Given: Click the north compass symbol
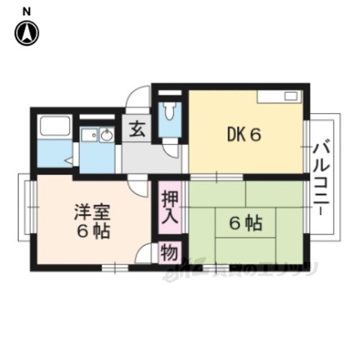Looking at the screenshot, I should pos(27,34).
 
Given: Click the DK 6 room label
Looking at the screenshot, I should pos(244,135).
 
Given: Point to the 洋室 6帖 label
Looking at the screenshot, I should pos(91,222).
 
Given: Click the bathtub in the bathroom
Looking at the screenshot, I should pos(54,129).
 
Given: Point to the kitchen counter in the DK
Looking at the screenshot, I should pos(280,96).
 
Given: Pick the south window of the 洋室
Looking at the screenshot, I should pos(115,268).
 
